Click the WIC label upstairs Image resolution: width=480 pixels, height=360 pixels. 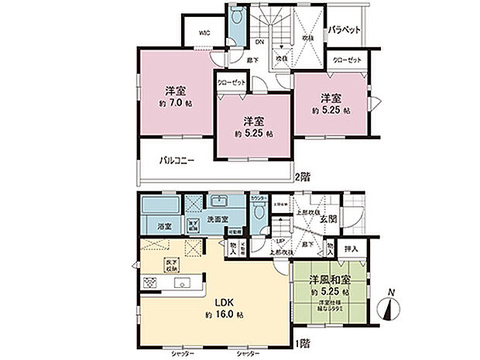[204, 33]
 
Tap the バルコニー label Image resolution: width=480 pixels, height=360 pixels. [177, 161]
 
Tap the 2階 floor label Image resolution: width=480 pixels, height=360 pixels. [302, 176]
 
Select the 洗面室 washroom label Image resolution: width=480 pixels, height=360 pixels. [215, 221]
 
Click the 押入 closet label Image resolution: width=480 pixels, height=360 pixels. [351, 249]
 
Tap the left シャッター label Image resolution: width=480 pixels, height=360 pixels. [182, 352]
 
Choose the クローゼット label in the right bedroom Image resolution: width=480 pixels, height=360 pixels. [345, 60]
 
